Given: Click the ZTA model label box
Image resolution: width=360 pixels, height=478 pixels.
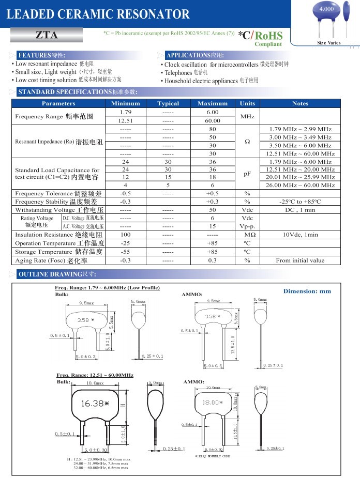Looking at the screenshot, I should tap(47, 35).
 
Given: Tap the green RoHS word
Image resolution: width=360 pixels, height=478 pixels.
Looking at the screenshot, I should tap(269, 36).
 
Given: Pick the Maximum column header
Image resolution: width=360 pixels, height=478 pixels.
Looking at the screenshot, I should tap(212, 103).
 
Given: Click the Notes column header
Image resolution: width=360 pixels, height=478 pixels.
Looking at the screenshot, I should tap(300, 103).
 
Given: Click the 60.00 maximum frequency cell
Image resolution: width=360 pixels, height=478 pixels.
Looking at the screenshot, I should tap(212, 120).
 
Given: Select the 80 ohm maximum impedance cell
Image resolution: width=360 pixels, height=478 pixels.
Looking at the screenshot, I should tap(212, 129).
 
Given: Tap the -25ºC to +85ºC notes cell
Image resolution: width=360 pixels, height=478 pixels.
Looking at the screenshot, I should tap(300, 202).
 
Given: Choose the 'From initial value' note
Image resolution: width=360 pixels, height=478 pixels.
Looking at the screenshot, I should tap(300, 260).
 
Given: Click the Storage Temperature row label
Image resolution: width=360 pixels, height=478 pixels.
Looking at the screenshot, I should tap(59, 252).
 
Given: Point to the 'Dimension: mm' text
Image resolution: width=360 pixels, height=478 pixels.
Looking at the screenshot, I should tap(307, 291).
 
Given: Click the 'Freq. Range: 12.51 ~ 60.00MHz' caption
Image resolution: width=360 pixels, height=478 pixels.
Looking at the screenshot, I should tap(95, 375).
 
